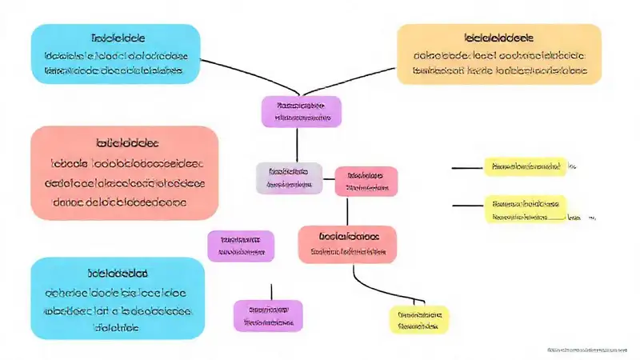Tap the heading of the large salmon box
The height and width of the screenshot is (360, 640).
pos(127,143)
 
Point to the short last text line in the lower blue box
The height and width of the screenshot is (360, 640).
pos(117,328)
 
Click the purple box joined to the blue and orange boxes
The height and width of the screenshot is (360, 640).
pos(301,111)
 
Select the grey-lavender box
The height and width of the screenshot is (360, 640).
pos(289,178)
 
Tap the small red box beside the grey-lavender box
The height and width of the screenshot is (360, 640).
pos(366,182)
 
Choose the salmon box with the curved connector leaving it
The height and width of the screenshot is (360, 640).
pos(346,243)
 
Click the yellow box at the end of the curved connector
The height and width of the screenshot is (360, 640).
pos(419,319)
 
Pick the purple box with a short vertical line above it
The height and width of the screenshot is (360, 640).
pos(268,315)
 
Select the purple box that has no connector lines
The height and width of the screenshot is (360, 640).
pos(241,246)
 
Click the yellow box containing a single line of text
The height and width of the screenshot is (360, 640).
pos(525,166)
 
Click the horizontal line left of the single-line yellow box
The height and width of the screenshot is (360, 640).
pos(467,168)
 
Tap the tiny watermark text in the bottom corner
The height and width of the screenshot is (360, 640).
pos(588,350)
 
